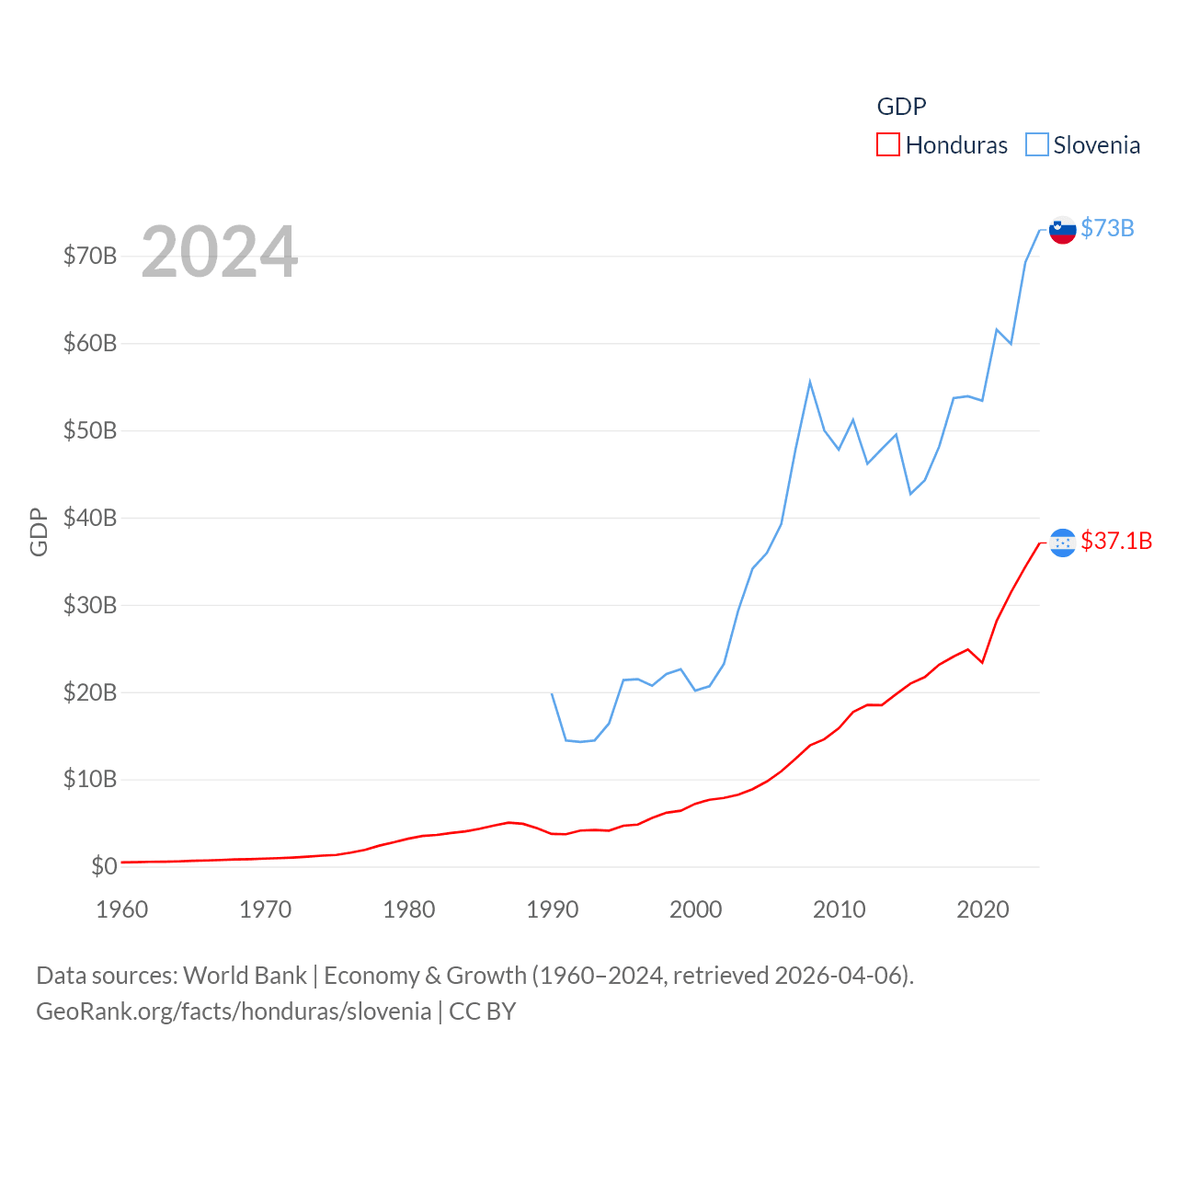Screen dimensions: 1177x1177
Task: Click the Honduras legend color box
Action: pyautogui.click(x=887, y=145)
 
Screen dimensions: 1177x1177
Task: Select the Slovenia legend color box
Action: pyautogui.click(x=1036, y=145)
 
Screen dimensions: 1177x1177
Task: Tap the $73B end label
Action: pyautogui.click(x=1107, y=228)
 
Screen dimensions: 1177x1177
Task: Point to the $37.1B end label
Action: pyautogui.click(x=1116, y=541)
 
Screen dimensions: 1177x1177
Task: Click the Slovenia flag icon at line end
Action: pyautogui.click(x=1062, y=230)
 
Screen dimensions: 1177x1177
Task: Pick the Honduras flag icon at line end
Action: pyautogui.click(x=1062, y=543)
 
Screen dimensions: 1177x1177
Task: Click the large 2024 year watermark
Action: pyautogui.click(x=219, y=252)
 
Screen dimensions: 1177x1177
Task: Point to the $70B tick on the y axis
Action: pyautogui.click(x=90, y=256)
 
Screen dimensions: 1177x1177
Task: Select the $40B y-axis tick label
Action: pyautogui.click(x=90, y=518)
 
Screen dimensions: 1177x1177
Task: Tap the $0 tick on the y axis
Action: pyautogui.click(x=104, y=866)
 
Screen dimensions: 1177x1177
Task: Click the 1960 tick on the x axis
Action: pyautogui.click(x=122, y=909)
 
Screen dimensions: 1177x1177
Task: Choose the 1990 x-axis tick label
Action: pyautogui.click(x=553, y=909)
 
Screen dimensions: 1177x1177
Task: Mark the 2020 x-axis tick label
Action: pyautogui.click(x=983, y=909)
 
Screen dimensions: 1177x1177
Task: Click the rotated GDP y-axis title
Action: pyautogui.click(x=39, y=531)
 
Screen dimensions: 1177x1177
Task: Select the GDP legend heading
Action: pyautogui.click(x=901, y=107)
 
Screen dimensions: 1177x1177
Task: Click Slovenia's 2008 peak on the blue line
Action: pyautogui.click(x=810, y=382)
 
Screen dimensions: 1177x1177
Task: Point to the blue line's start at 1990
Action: pyautogui.click(x=552, y=693)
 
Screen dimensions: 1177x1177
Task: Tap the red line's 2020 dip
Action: pyautogui.click(x=982, y=662)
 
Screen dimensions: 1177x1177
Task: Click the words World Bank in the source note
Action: pyautogui.click(x=245, y=975)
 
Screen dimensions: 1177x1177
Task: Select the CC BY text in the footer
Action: pyautogui.click(x=482, y=1011)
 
